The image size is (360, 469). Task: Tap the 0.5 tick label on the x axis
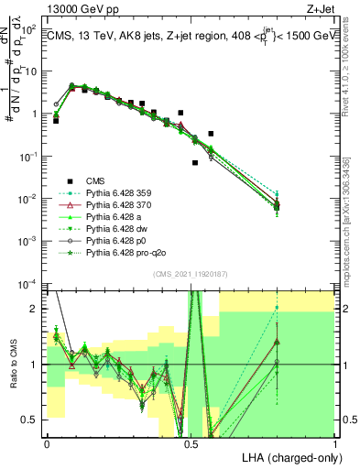[x=191, y=442]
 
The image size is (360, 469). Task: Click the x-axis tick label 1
[x=335, y=442]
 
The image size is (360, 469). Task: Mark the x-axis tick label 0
[x=47, y=442]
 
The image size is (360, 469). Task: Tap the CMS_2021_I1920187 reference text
[x=191, y=274]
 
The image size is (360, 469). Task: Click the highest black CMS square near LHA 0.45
[x=181, y=113]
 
